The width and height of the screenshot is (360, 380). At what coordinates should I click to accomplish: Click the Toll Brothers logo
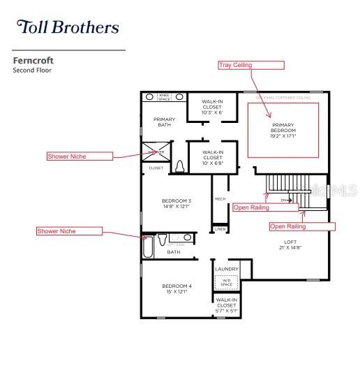click(68, 27)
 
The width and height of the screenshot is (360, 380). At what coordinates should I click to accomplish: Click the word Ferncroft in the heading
click(33, 61)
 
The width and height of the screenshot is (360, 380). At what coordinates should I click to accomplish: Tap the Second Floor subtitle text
click(32, 71)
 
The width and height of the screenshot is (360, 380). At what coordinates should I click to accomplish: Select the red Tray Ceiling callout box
click(251, 65)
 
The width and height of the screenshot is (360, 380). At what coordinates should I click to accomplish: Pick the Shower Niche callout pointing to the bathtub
click(69, 231)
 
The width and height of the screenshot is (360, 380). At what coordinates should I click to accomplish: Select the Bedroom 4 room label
click(177, 288)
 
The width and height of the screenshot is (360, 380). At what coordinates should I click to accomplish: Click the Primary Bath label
click(164, 122)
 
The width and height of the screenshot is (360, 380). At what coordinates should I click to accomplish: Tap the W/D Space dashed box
click(226, 282)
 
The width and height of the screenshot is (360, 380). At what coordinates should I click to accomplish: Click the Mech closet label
click(220, 199)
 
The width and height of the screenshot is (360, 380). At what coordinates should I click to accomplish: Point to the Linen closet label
click(220, 229)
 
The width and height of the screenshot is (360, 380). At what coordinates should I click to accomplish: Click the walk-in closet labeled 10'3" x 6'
click(212, 107)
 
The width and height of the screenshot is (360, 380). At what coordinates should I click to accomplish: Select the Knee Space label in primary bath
click(164, 97)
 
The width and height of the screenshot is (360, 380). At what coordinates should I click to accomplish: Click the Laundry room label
click(226, 269)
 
